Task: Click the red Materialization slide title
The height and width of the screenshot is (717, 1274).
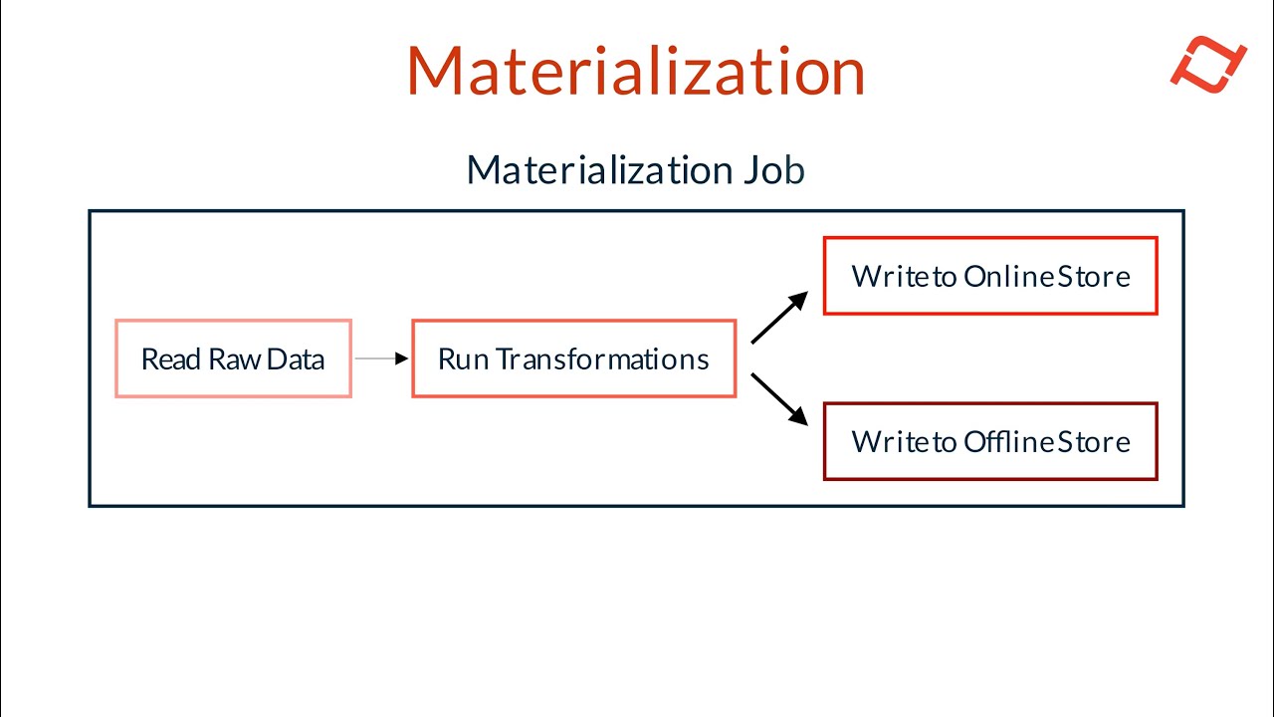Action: (x=636, y=71)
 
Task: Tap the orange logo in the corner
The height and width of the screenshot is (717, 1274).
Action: (x=1208, y=64)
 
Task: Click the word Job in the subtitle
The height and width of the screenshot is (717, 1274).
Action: (x=774, y=170)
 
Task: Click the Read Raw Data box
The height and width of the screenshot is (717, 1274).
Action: (x=233, y=358)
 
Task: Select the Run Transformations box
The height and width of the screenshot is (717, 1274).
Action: (x=574, y=358)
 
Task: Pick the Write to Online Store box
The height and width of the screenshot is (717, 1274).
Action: (x=990, y=276)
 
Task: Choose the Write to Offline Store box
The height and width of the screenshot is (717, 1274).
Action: (x=990, y=441)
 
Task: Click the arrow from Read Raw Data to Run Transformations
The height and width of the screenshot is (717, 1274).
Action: (x=381, y=358)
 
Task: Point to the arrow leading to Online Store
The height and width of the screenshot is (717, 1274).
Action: (x=779, y=317)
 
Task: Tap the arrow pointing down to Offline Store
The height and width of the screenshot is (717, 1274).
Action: (x=779, y=399)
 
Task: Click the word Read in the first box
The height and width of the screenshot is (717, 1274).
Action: (x=170, y=359)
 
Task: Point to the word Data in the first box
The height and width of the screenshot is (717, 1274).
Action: (x=296, y=359)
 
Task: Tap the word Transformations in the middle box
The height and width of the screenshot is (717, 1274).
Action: (x=603, y=359)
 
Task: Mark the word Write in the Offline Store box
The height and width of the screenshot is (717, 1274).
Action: (x=891, y=442)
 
